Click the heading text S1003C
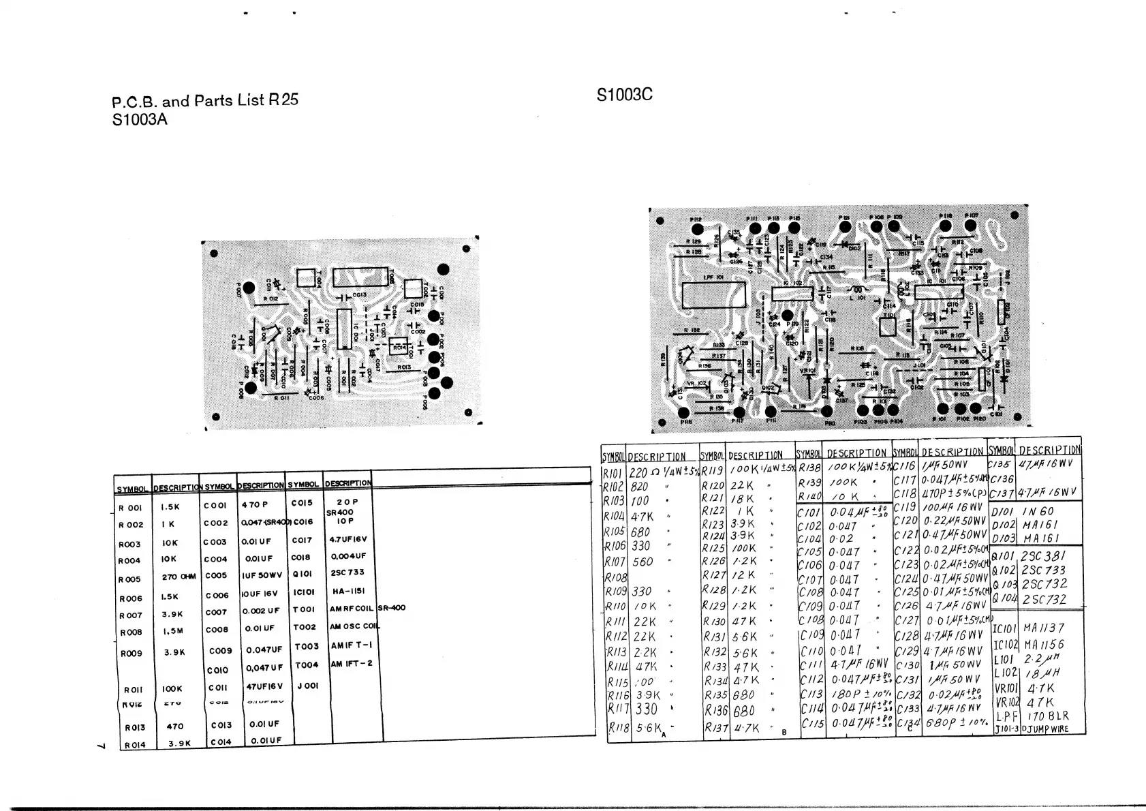coord(624,95)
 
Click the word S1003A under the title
coord(140,120)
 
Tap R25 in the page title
coord(283,100)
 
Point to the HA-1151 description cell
coord(348,592)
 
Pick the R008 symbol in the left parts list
coord(131,632)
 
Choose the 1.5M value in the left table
coord(173,631)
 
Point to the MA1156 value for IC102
coord(1044,644)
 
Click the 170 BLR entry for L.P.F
coord(1048,716)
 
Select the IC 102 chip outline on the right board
coord(792,293)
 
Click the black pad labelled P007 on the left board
coord(249,289)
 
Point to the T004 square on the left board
coord(306,277)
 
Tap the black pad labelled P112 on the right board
coord(697,230)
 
